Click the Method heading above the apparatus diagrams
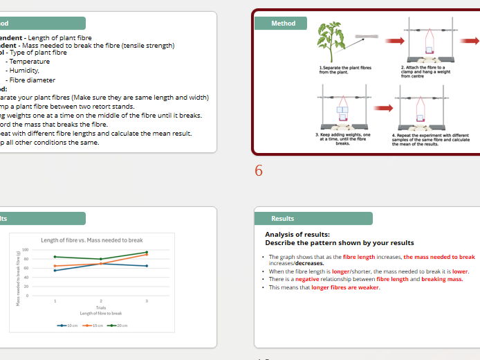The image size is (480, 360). click(x=283, y=24)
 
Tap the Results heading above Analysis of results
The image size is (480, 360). click(x=283, y=219)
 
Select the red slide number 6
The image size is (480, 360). click(x=259, y=171)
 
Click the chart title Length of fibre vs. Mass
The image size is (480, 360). click(x=92, y=240)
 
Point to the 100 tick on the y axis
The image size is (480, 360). click(x=25, y=250)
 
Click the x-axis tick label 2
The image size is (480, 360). click(x=100, y=301)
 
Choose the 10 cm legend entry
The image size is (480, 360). click(x=69, y=325)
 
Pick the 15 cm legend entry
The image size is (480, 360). click(x=94, y=325)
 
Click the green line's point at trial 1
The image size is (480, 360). click(x=55, y=257)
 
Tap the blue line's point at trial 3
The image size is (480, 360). click(x=146, y=266)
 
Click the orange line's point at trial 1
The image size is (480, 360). click(x=55, y=266)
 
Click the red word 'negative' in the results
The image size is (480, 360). click(x=307, y=279)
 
